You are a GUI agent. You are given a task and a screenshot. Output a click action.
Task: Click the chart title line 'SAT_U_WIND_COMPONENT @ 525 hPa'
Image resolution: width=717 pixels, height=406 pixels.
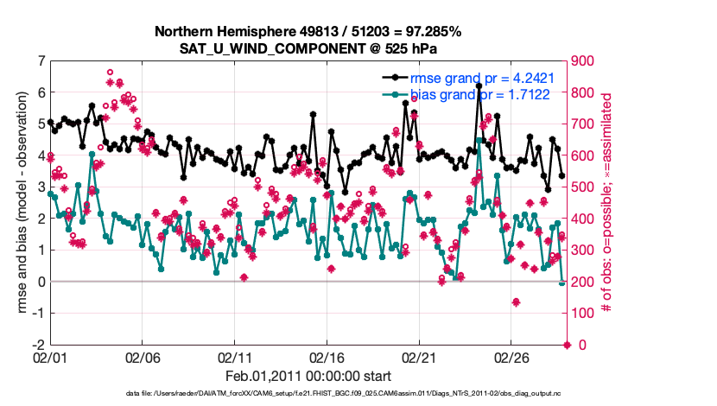coord(309,48)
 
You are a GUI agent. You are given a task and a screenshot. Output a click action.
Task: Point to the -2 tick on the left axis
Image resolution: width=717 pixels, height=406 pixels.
coord(39,345)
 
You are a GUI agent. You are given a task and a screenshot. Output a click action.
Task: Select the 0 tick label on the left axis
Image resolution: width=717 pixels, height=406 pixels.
coord(41,282)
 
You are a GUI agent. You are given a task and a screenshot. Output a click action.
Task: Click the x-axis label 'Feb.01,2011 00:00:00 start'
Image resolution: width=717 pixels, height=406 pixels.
coord(309,376)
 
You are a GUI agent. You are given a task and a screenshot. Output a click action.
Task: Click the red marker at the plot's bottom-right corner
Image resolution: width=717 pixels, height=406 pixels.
coord(568,345)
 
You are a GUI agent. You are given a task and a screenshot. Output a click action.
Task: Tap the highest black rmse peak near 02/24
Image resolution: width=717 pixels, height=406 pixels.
coord(479,86)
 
